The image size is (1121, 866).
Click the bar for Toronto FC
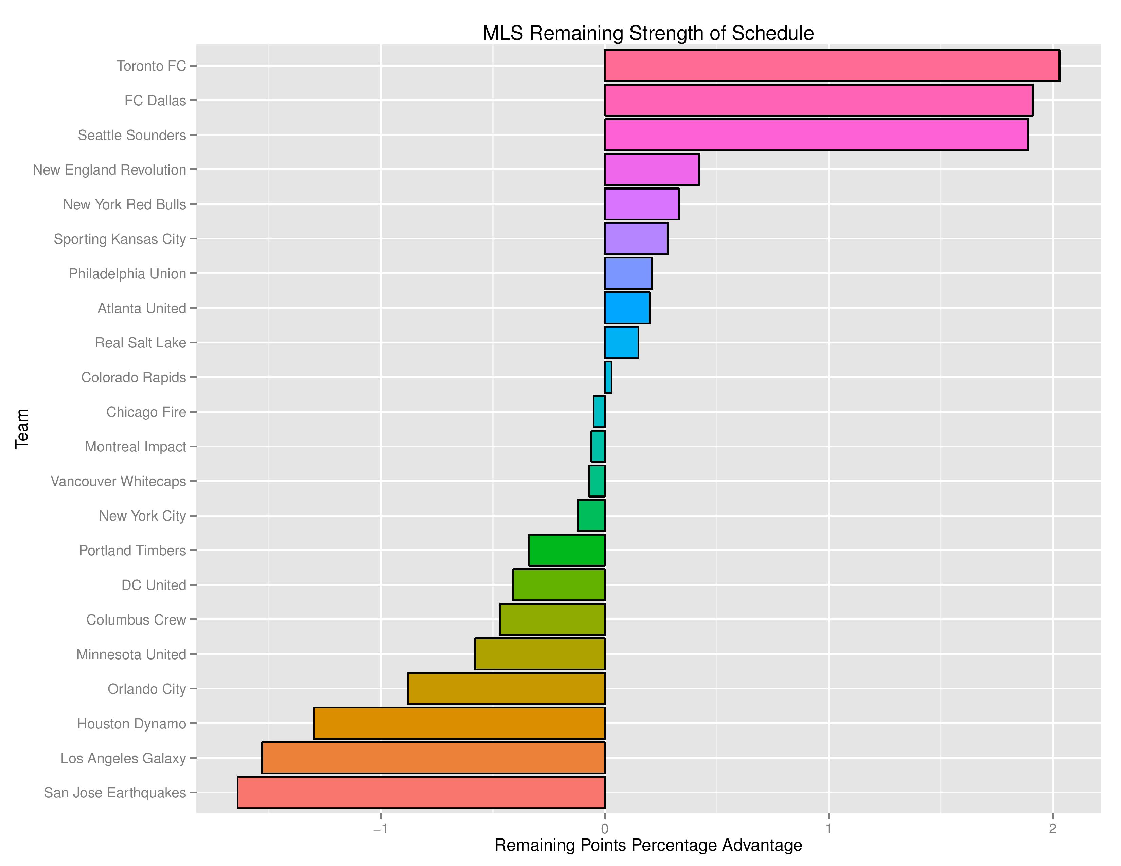(x=832, y=66)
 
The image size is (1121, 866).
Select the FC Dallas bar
(x=818, y=100)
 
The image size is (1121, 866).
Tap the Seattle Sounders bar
(x=816, y=135)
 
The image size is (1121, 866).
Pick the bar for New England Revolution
(x=651, y=169)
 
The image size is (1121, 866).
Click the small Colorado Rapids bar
(x=608, y=377)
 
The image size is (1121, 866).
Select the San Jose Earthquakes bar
(x=421, y=793)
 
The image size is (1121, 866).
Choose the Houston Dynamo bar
(x=459, y=723)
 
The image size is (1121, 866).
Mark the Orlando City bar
(x=506, y=688)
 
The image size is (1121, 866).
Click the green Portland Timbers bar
(x=567, y=550)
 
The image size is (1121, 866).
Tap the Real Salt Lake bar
(x=621, y=342)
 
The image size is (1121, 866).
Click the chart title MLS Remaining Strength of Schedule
(x=648, y=33)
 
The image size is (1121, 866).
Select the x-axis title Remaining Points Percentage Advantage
(x=648, y=845)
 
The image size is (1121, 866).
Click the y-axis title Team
(x=21, y=429)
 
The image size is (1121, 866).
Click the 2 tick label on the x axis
(x=1052, y=829)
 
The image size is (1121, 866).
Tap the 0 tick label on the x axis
(x=605, y=829)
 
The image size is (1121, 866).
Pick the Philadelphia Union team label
(x=127, y=273)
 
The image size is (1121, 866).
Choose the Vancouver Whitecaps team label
(x=118, y=481)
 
